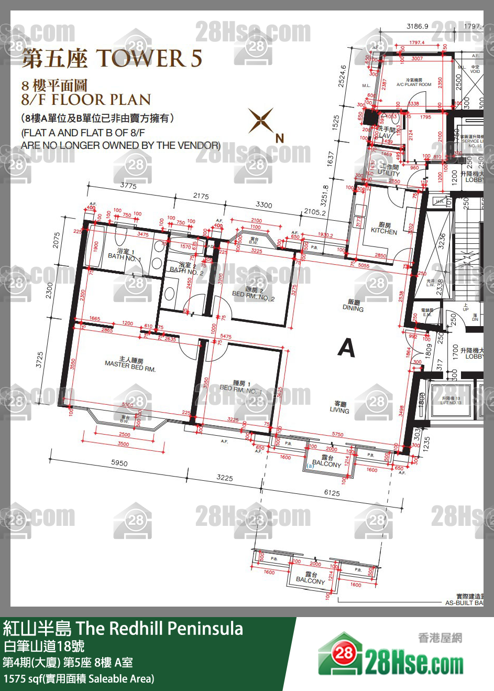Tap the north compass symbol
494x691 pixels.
(x=262, y=121)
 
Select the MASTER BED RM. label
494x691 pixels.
(x=130, y=364)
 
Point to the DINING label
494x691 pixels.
(x=353, y=306)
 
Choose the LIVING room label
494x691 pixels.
(x=339, y=407)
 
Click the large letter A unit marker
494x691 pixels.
(x=346, y=348)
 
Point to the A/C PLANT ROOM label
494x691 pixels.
(x=414, y=83)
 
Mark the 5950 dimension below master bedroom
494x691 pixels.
(x=119, y=463)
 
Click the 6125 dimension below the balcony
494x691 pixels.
(x=332, y=493)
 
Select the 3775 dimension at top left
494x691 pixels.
(x=128, y=186)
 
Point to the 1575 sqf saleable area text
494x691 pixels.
(x=79, y=679)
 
